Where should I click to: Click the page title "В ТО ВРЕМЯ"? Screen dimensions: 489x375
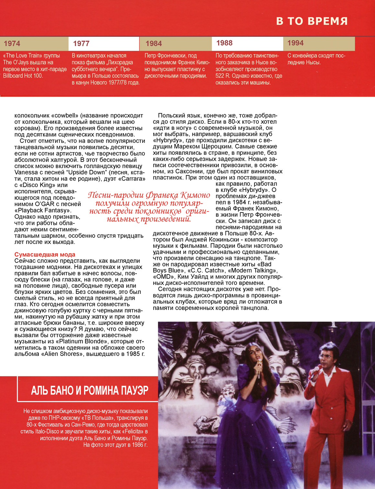(x=312, y=21)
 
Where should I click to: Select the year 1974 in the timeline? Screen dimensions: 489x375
(x=12, y=44)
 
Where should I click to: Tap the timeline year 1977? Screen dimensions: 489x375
(x=81, y=44)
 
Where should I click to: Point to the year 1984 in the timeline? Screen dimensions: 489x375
(x=154, y=44)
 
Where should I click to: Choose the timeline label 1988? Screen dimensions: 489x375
(x=224, y=43)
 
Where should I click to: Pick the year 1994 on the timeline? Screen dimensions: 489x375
(x=295, y=43)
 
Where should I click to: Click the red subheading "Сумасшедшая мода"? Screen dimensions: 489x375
(x=45, y=255)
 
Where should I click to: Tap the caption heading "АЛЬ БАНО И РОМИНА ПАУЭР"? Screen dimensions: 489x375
(x=90, y=390)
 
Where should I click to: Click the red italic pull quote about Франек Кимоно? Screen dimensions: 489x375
(x=149, y=207)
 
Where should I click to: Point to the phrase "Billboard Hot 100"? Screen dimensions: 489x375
(x=23, y=76)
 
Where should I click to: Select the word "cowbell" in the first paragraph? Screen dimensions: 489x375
(x=66, y=116)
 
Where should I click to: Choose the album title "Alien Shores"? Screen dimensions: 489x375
(x=60, y=354)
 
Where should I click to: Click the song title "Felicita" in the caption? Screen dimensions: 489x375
(x=133, y=432)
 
